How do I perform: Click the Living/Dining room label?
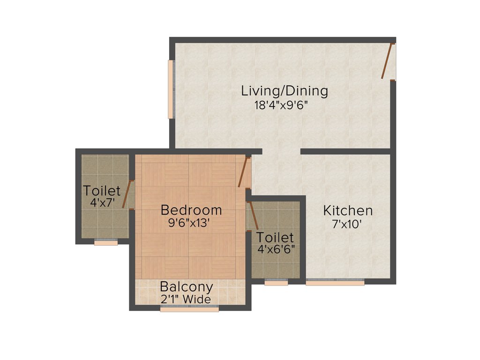(x=284, y=90)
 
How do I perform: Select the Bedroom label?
(x=191, y=210)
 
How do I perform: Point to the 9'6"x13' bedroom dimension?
(x=191, y=224)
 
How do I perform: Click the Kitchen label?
(x=348, y=210)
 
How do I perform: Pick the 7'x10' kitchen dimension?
(x=347, y=225)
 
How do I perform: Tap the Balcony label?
(x=187, y=286)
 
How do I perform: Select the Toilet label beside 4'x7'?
(x=102, y=191)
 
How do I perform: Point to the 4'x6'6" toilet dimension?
(x=276, y=249)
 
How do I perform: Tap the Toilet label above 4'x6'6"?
(x=275, y=237)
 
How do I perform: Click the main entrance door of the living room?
(x=387, y=61)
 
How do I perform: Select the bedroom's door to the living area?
(x=243, y=172)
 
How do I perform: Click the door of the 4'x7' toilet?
(x=127, y=194)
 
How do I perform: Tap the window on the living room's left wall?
(x=171, y=89)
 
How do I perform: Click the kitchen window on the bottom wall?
(x=335, y=283)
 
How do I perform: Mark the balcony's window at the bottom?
(x=189, y=309)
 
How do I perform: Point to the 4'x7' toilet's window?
(x=105, y=243)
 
